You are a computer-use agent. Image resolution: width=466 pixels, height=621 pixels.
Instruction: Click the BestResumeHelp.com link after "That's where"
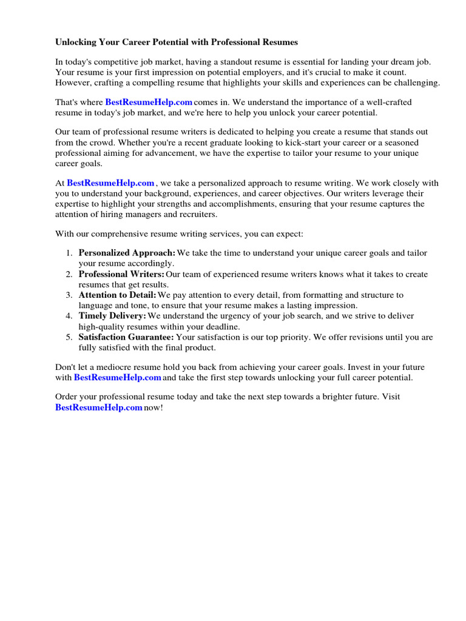[149, 102]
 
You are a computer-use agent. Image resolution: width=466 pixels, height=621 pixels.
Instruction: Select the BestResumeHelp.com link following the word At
[110, 183]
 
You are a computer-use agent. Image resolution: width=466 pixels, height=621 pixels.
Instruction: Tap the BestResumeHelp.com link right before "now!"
[98, 408]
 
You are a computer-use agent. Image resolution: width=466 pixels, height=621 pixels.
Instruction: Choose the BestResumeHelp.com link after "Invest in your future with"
[117, 377]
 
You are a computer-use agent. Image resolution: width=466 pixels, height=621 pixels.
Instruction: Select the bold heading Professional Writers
[121, 274]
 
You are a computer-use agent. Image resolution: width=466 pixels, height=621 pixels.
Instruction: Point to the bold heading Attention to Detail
[117, 295]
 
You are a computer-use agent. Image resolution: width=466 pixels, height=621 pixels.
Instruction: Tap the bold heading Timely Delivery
[112, 316]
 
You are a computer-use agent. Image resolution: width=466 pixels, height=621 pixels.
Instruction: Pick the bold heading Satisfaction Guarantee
[126, 337]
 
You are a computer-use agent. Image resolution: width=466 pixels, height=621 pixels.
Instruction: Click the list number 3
[69, 295]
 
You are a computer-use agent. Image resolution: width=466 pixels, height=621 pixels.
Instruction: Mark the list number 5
[69, 337]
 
